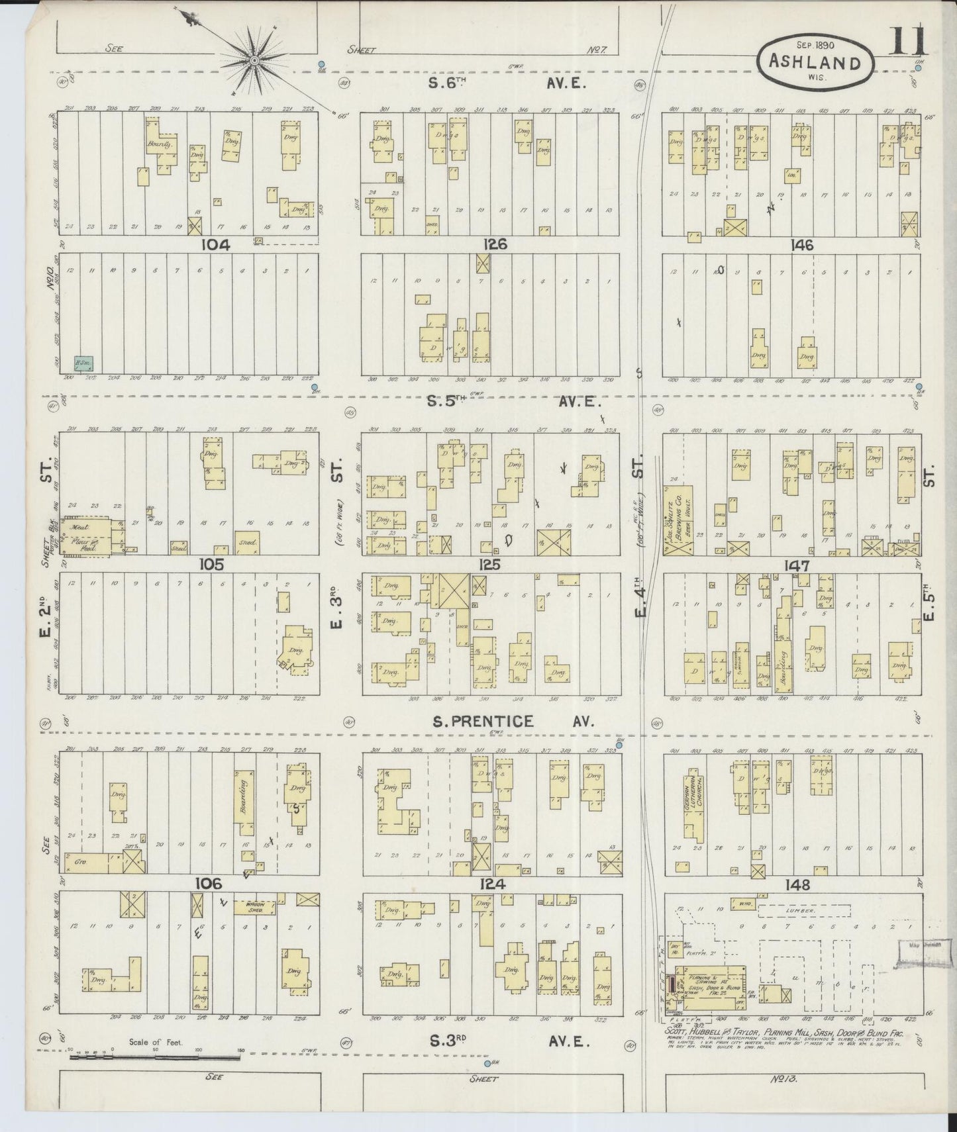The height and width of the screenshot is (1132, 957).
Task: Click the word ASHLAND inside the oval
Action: pyautogui.click(x=815, y=63)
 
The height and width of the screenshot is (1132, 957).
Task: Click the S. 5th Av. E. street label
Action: pyautogui.click(x=504, y=401)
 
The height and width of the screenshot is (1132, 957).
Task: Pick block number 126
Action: pyautogui.click(x=495, y=244)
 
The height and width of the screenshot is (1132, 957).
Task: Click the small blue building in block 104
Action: pyautogui.click(x=83, y=363)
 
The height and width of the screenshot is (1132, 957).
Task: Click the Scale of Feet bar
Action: pyautogui.click(x=156, y=1058)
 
